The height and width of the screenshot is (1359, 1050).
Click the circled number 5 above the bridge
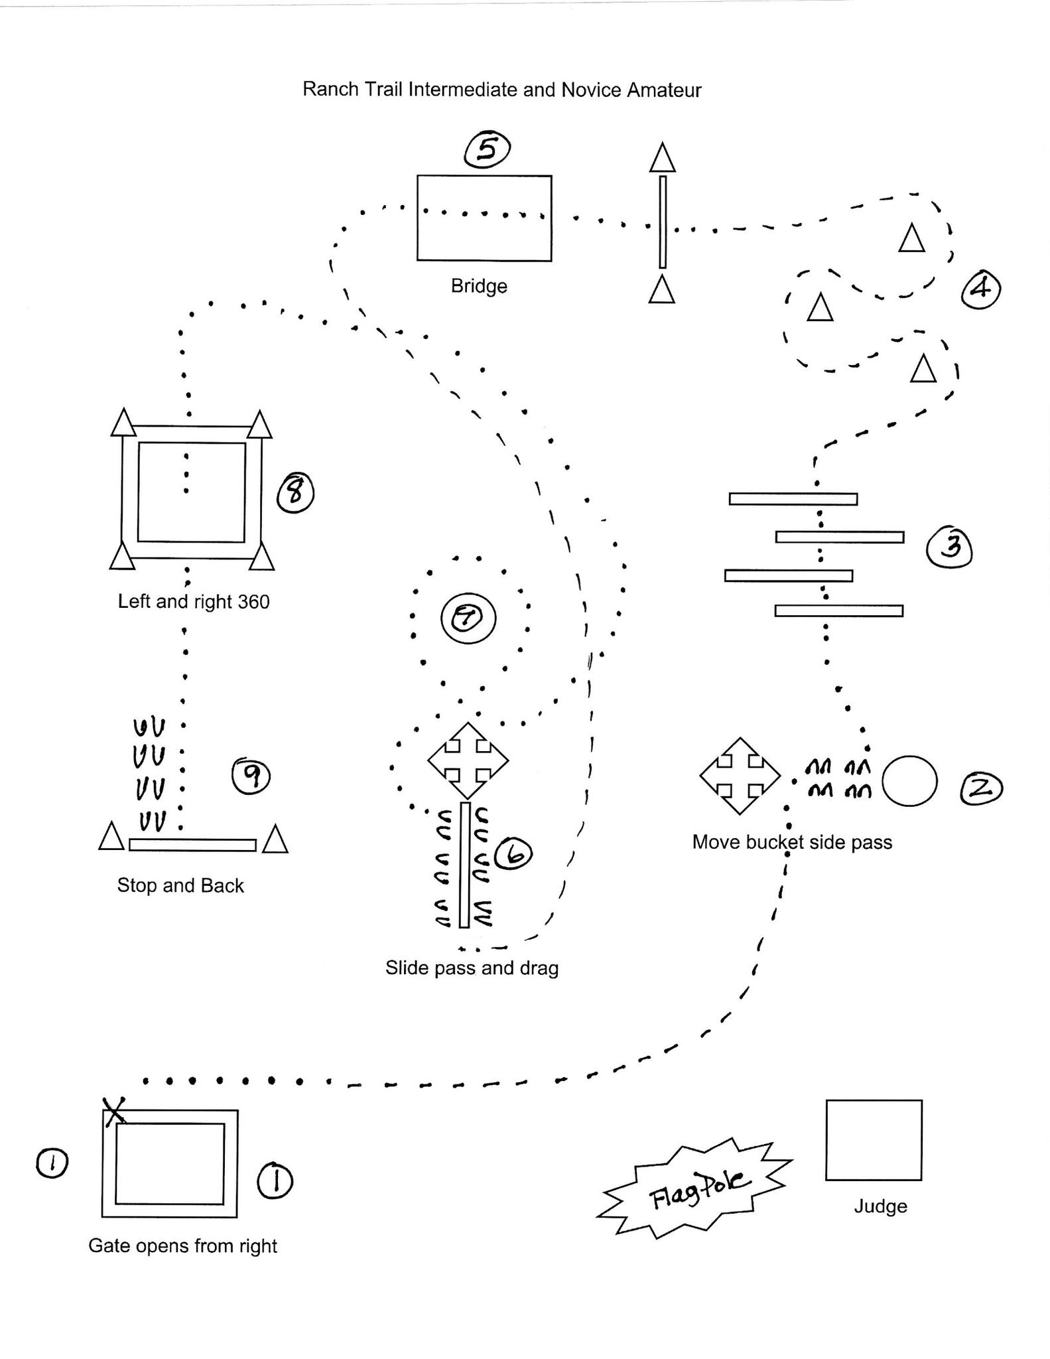point(487,149)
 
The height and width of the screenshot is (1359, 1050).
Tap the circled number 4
point(981,289)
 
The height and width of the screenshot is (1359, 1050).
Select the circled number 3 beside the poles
point(950,547)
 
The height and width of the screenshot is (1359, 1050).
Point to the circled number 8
point(295,493)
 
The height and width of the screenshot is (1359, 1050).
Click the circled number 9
point(251,776)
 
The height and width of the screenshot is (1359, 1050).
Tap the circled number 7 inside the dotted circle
point(468,618)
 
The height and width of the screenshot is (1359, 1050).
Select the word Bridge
point(479,286)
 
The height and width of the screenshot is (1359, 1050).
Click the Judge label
point(880,1206)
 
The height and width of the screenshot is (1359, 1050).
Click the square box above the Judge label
point(874,1140)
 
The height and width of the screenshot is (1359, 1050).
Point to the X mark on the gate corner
point(115,1110)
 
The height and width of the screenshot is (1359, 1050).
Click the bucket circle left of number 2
point(909,781)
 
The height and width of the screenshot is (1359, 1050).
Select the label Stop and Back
point(180,885)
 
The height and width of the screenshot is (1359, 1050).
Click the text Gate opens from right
point(182,1246)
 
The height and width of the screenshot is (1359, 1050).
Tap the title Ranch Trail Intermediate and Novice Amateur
point(502,90)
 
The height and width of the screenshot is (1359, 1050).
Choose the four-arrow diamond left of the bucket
point(740,776)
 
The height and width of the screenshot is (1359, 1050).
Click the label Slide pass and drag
point(472,967)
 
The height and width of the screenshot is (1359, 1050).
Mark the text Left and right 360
point(194,601)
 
